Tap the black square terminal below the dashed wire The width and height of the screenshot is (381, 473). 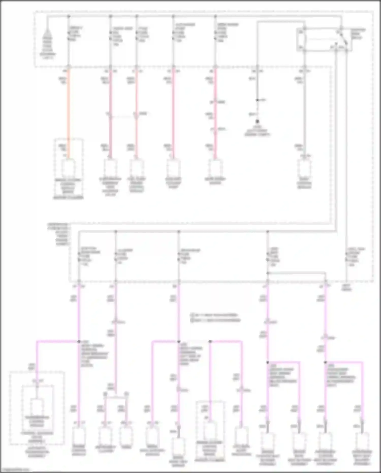tap(257, 122)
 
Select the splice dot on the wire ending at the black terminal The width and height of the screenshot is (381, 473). tap(257, 100)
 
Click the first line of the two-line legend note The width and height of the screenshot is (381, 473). tap(215, 315)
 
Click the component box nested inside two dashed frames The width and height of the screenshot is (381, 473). tap(37, 407)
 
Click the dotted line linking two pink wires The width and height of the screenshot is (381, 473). tap(123, 117)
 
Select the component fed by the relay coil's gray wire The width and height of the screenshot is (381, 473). tap(304, 168)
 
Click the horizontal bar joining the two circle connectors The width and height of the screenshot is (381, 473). tap(116, 396)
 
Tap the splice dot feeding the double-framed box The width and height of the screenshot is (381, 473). tap(79, 341)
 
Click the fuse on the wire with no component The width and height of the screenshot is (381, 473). tap(346, 257)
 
